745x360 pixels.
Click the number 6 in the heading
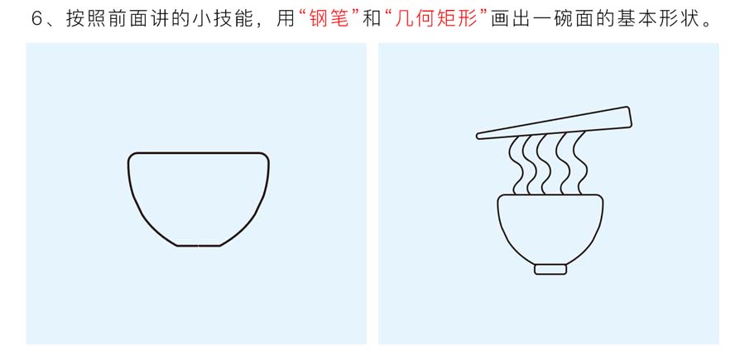click(x=37, y=20)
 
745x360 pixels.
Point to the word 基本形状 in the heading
click(x=653, y=20)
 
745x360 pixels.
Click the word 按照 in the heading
click(x=82, y=20)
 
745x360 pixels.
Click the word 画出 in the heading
click(x=507, y=20)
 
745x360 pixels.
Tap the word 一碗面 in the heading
click(x=554, y=20)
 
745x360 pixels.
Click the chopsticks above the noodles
click(x=554, y=123)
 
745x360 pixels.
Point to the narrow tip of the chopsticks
click(x=479, y=137)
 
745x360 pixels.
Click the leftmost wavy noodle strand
click(x=515, y=166)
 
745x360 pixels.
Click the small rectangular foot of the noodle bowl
click(x=550, y=269)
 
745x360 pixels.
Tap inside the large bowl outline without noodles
click(x=199, y=199)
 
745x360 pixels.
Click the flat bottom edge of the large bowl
click(x=199, y=246)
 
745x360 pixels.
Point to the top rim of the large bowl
click(x=199, y=153)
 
